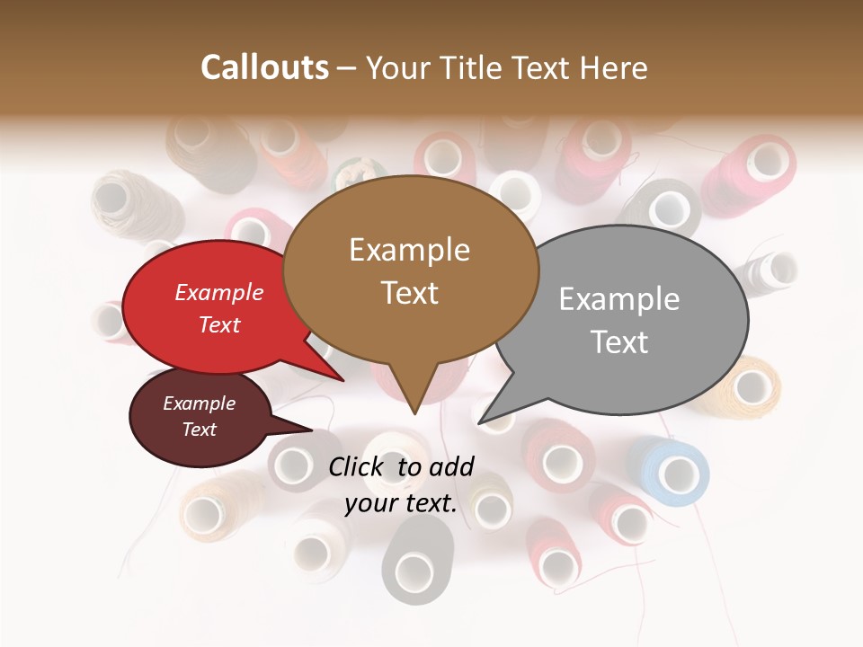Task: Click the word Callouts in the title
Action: [x=264, y=67]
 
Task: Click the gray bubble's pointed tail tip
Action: [x=480, y=422]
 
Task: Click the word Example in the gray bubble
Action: [x=618, y=299]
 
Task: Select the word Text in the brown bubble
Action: [x=410, y=293]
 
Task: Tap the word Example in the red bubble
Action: [x=219, y=292]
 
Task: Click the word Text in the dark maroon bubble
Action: [x=200, y=430]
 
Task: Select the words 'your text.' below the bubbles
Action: [x=400, y=503]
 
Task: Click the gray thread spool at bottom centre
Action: [x=414, y=562]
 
